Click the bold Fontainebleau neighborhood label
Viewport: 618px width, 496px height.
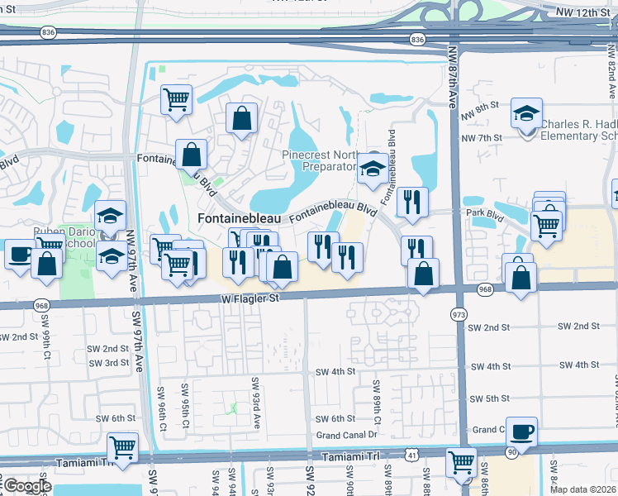click(x=240, y=218)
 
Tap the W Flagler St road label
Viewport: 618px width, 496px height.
click(x=248, y=298)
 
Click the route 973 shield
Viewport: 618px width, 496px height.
click(x=459, y=315)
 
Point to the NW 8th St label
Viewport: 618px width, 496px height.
click(x=481, y=106)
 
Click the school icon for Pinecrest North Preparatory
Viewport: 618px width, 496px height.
click(x=373, y=169)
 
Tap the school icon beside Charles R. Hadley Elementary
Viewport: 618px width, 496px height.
click(x=526, y=115)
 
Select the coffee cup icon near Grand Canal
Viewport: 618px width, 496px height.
click(x=521, y=432)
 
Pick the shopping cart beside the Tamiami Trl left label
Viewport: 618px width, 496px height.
click(x=122, y=448)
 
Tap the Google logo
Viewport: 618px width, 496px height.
click(x=26, y=486)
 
